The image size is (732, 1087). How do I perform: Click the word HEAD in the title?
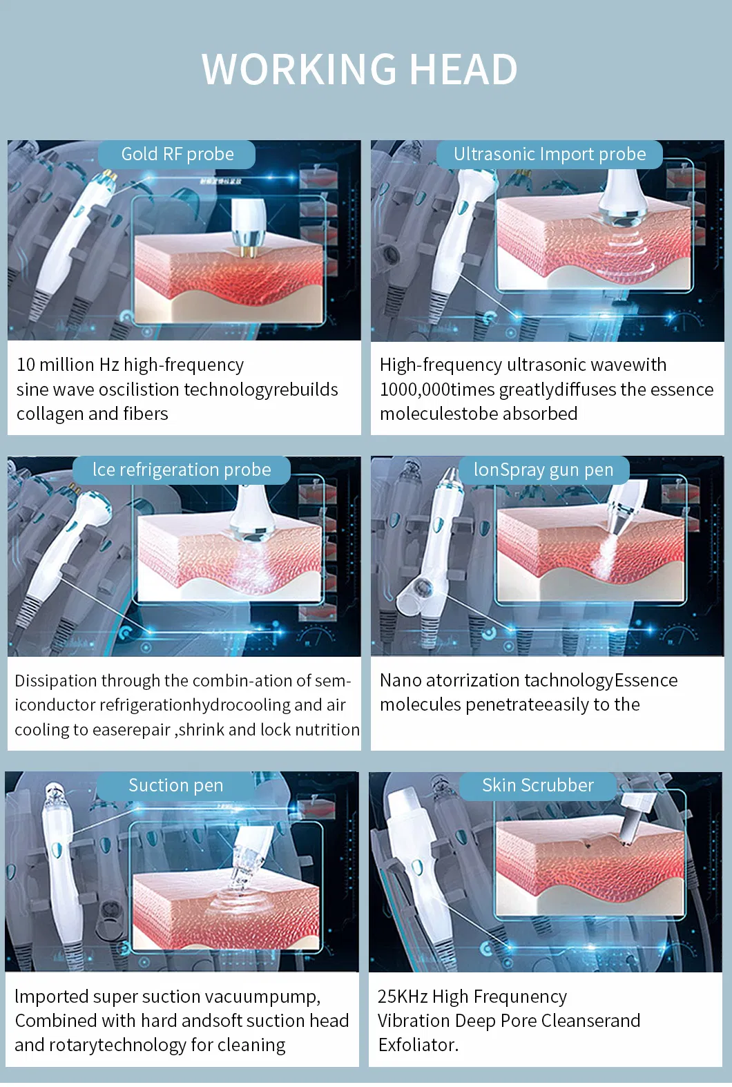tap(464, 69)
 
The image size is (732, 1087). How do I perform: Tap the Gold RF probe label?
tap(177, 154)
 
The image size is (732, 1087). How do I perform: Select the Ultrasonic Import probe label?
tap(550, 154)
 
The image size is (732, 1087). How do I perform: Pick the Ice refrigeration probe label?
tap(182, 470)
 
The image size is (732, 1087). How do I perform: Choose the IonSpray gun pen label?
tap(543, 470)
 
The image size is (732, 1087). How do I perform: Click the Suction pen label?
tap(175, 785)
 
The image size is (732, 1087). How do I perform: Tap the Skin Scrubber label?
tap(537, 785)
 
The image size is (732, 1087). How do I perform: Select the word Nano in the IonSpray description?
tap(401, 680)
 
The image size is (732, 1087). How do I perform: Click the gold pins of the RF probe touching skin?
tap(247, 251)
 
